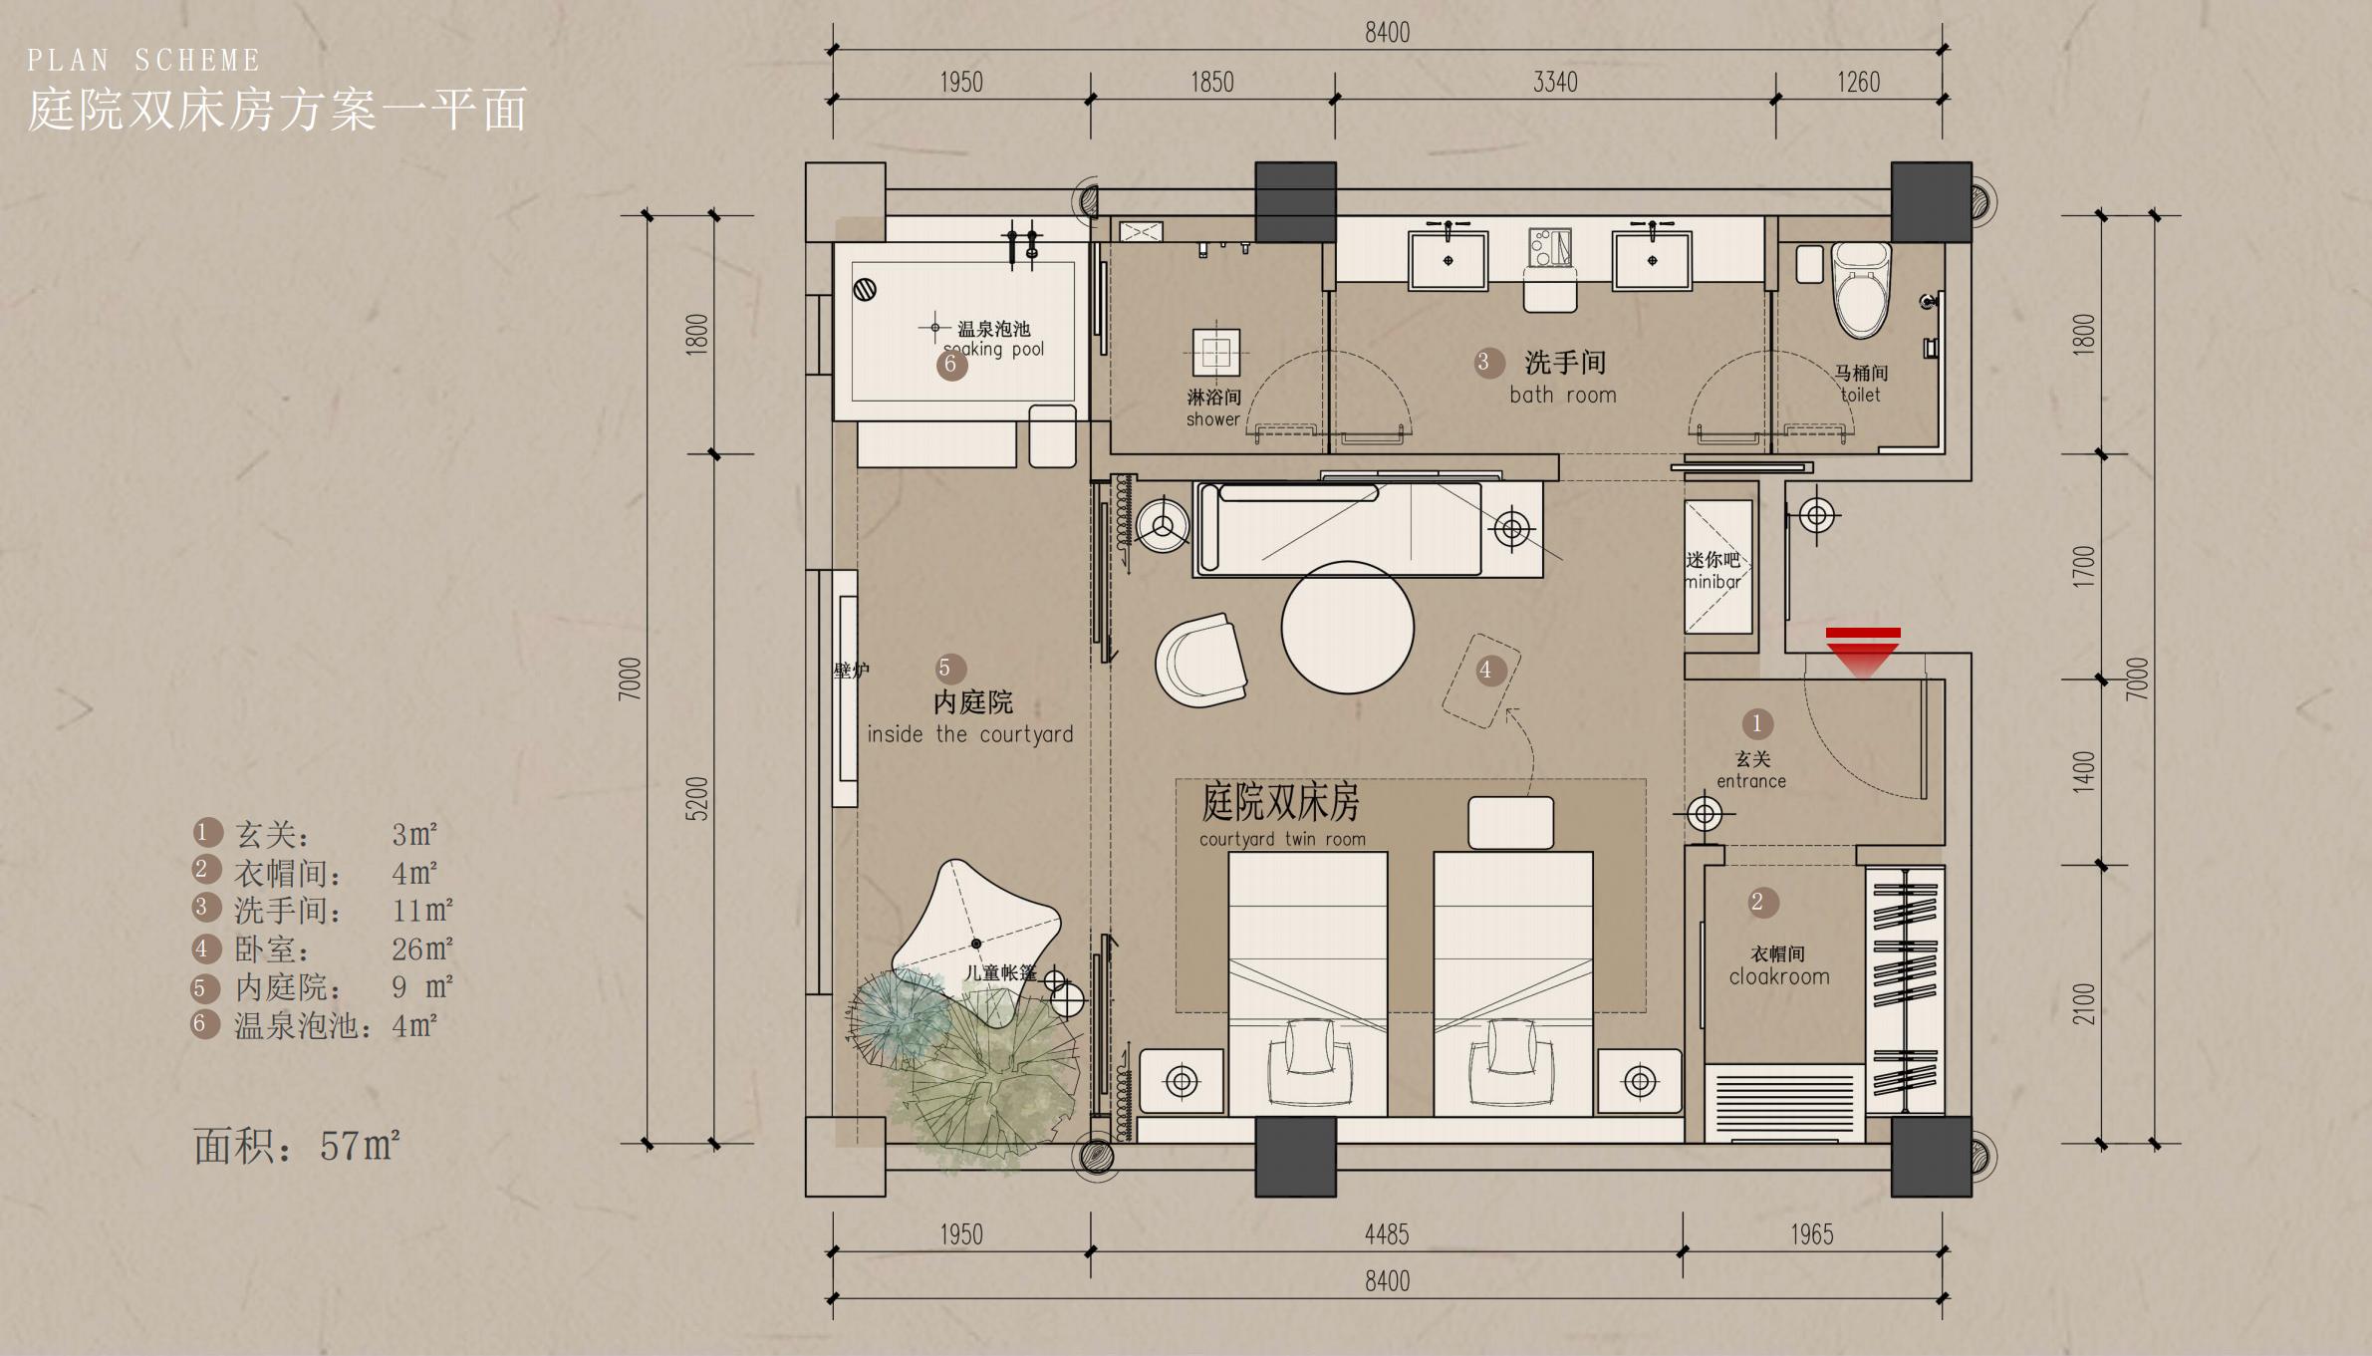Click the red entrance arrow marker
(x=1863, y=653)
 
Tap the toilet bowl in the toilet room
(x=1861, y=291)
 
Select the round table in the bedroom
(x=1347, y=627)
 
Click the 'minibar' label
(x=1713, y=582)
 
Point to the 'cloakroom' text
(x=1779, y=977)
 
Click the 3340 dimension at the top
(x=1555, y=82)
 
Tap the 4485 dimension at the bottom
(x=1387, y=1234)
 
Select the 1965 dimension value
(x=1811, y=1234)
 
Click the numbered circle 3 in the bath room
(x=1484, y=362)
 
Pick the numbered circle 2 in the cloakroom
(x=1757, y=902)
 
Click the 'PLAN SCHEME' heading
(x=143, y=61)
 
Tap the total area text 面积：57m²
(x=297, y=1147)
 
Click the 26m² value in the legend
(x=422, y=949)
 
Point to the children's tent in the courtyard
(x=976, y=942)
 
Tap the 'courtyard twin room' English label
(x=1282, y=839)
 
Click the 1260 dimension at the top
(x=1859, y=82)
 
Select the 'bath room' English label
(x=1563, y=396)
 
